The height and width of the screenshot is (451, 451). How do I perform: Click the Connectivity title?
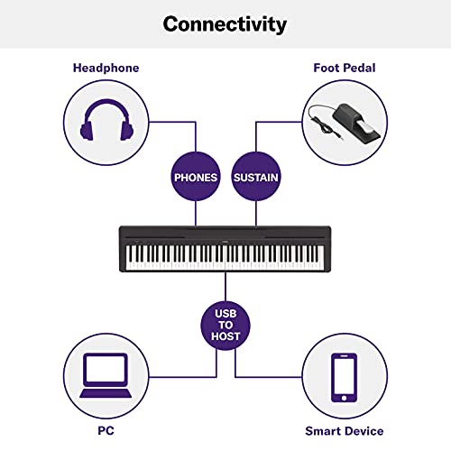point(225,23)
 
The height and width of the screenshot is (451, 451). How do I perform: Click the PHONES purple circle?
point(196,177)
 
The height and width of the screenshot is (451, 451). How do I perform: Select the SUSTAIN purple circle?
point(255,177)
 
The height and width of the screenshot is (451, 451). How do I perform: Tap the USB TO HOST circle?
point(225,322)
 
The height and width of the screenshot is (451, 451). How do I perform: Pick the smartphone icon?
point(343,376)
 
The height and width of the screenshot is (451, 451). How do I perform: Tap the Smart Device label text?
point(343,431)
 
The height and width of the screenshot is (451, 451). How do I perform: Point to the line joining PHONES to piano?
point(196,215)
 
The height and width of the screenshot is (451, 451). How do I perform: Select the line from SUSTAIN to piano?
point(255,215)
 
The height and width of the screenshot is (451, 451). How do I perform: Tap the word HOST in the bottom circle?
point(225,336)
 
